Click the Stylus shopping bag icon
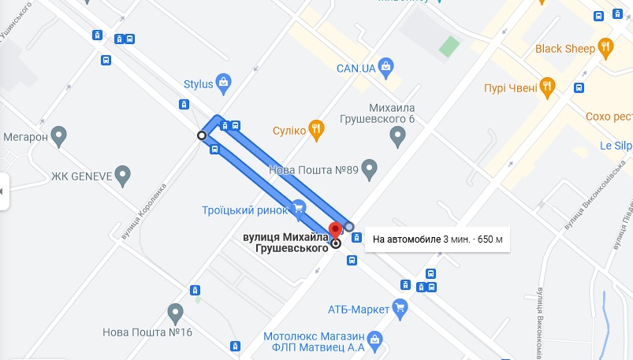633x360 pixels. coord(224,82)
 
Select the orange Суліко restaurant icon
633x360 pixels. coord(316,130)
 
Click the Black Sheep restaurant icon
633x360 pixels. coord(606,48)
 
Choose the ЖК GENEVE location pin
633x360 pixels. coord(122,175)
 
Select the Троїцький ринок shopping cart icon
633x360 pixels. coord(298,208)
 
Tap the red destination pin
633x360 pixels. coord(336,232)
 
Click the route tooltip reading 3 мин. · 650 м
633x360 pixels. coord(438,239)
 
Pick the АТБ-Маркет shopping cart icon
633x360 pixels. coord(400,307)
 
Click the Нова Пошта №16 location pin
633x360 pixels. coord(176,314)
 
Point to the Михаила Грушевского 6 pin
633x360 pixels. coord(398,138)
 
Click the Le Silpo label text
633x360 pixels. coord(616,145)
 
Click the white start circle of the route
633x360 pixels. coord(202,136)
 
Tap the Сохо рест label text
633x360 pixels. coord(609,117)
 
